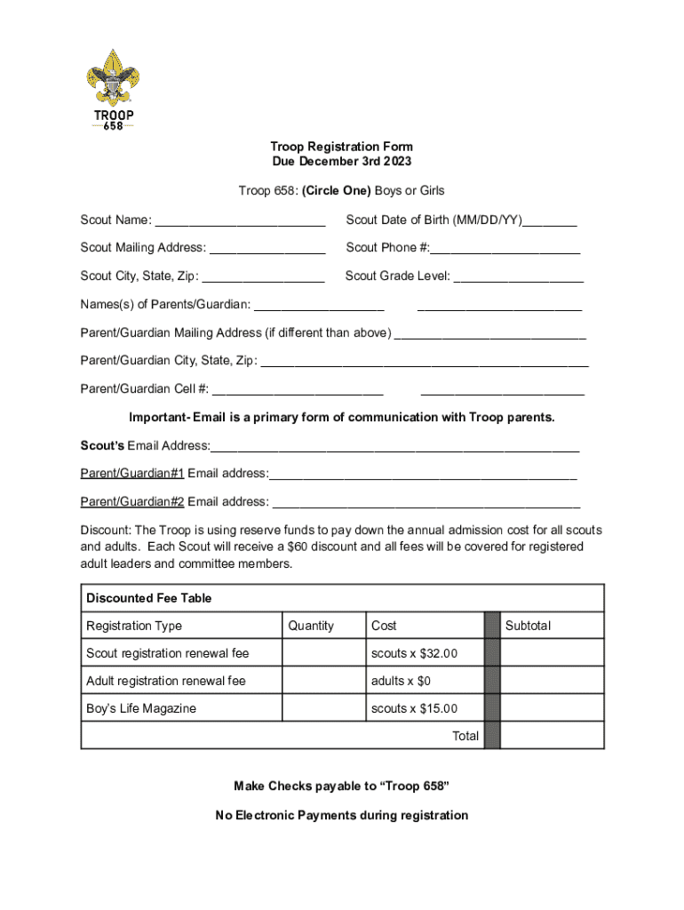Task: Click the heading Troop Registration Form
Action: [341, 147]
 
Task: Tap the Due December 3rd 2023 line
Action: [341, 162]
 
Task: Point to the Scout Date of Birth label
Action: [433, 220]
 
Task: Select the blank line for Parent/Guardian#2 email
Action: [426, 504]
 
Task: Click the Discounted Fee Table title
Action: [148, 598]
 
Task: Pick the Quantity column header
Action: [311, 626]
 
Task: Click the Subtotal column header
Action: [528, 626]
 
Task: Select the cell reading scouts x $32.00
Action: [414, 653]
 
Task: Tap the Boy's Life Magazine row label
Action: [141, 708]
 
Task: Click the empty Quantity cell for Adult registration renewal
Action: [322, 681]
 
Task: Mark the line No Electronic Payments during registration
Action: [341, 815]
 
